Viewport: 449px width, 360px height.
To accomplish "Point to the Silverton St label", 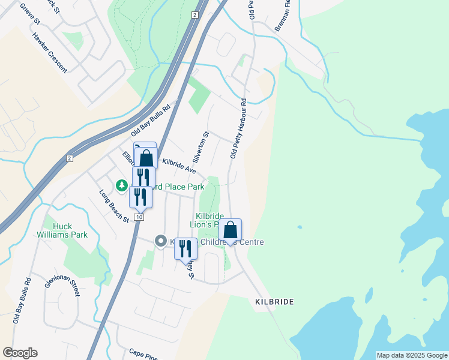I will click(x=200, y=147).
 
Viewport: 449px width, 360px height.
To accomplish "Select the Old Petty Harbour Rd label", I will click(x=238, y=128).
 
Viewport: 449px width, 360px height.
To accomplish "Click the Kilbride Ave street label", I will click(x=179, y=166).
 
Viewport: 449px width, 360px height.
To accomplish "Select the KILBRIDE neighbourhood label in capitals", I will click(x=274, y=302).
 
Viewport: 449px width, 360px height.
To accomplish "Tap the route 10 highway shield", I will click(x=139, y=217).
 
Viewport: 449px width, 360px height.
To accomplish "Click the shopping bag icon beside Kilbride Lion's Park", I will click(x=230, y=230).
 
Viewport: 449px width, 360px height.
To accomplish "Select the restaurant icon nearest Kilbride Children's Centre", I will click(x=186, y=248).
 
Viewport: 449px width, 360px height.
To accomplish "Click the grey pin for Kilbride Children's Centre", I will click(x=160, y=241).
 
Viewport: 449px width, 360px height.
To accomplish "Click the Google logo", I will click(x=20, y=353).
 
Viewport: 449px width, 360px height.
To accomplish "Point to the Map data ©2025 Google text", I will click(x=412, y=355).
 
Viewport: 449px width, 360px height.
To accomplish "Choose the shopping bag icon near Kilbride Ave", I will click(x=146, y=159).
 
